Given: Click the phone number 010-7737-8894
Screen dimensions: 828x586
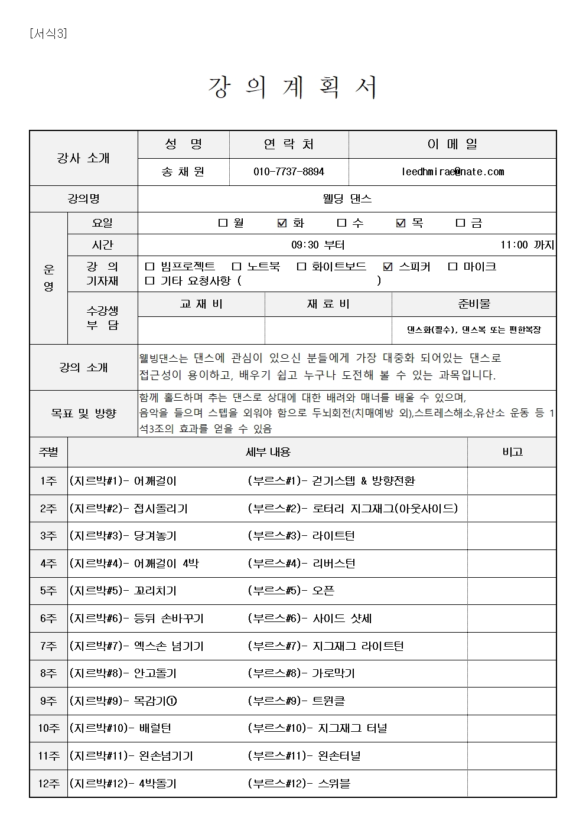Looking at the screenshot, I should click(x=288, y=172).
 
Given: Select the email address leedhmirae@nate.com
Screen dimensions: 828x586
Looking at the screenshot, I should click(x=452, y=172).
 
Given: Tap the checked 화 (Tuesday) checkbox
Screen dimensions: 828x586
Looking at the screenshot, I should click(x=282, y=223).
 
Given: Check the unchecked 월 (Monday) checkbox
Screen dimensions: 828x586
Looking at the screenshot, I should click(x=223, y=223).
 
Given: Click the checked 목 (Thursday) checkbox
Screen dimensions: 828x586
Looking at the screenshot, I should click(x=401, y=223).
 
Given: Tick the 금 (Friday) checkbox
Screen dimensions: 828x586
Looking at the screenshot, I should click(x=460, y=223).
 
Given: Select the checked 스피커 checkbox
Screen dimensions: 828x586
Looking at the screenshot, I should click(x=388, y=267).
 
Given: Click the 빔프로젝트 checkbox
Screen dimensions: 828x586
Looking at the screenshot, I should click(x=149, y=267).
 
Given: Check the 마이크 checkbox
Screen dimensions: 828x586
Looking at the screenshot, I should click(x=452, y=267).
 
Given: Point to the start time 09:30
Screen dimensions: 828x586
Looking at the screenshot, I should click(x=304, y=245).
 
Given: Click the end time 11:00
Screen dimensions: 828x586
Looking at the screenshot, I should click(x=514, y=245).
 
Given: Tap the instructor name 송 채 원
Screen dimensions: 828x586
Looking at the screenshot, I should click(x=183, y=172).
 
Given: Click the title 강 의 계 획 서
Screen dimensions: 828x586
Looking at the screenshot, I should click(x=292, y=87).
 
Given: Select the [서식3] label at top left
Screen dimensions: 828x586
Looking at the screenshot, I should click(x=48, y=34).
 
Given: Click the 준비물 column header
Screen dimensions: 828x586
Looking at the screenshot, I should click(x=474, y=304).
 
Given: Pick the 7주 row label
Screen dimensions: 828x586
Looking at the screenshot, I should click(x=48, y=646).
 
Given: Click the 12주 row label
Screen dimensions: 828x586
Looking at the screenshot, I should click(x=48, y=784).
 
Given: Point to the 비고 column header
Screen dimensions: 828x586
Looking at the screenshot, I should click(x=512, y=452).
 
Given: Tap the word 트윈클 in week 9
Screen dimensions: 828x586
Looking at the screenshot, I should click(x=328, y=701).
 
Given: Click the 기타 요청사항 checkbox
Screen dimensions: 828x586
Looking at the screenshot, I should click(x=149, y=281).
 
